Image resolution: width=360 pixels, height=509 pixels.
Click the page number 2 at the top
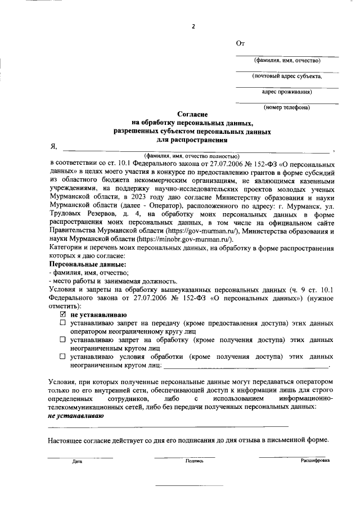pyautogui.click(x=193, y=26)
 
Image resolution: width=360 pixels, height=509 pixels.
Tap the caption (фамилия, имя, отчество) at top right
pyautogui.click(x=287, y=60)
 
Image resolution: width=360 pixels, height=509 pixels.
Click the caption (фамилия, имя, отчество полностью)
pyautogui.click(x=191, y=156)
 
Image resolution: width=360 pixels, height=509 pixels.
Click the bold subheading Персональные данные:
pyautogui.click(x=87, y=264)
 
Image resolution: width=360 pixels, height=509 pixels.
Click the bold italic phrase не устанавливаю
pyautogui.click(x=76, y=416)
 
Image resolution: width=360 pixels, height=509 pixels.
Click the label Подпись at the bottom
pyautogui.click(x=194, y=461)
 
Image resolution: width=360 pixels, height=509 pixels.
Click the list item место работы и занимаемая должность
pyautogui.click(x=112, y=281)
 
